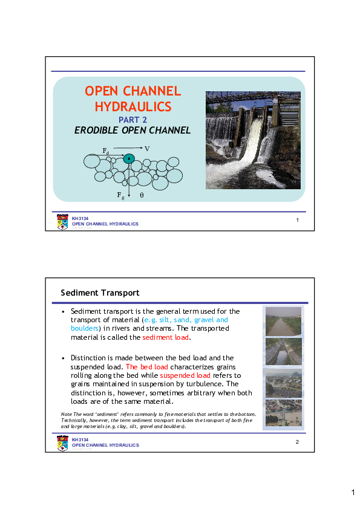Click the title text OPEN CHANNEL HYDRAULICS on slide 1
(x=133, y=99)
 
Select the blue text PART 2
(x=133, y=120)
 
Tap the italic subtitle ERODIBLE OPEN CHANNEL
(x=133, y=130)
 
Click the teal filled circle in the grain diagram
(x=128, y=159)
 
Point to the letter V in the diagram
(x=147, y=148)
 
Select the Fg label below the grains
(x=121, y=196)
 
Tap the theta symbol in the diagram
(x=142, y=196)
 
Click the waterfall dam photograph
(x=253, y=140)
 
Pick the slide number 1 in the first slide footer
(x=298, y=219)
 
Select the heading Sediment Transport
(x=100, y=293)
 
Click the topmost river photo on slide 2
(x=283, y=321)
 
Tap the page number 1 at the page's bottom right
(x=353, y=493)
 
